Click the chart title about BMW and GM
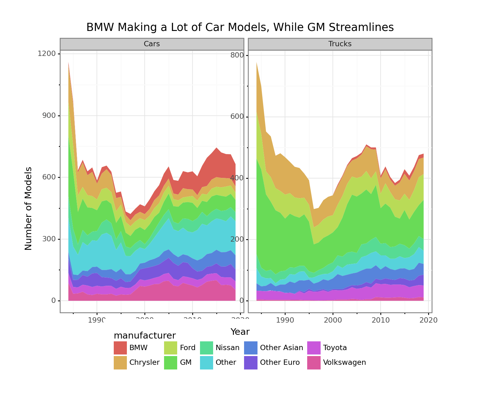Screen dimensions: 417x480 [x=240, y=28]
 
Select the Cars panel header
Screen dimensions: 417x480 [x=152, y=44]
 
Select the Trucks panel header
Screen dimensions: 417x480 [x=340, y=44]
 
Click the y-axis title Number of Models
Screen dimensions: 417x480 [x=28, y=208]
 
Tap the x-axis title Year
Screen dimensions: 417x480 [x=240, y=332]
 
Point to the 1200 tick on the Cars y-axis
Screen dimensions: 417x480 [x=47, y=54]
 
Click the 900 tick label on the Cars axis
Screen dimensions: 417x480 [x=49, y=116]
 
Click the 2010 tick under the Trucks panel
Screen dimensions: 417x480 [x=380, y=320]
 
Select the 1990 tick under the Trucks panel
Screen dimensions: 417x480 [x=285, y=320]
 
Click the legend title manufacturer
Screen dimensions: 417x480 [x=144, y=335]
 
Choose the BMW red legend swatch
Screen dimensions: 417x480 [x=120, y=348]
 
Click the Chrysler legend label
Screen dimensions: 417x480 [x=144, y=363]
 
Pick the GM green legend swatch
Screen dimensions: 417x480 [x=171, y=363]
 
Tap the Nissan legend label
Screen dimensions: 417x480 [x=227, y=348]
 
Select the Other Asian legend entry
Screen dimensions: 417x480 [x=281, y=348]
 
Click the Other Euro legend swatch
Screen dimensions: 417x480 [x=251, y=363]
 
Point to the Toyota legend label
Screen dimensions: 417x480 [x=335, y=348]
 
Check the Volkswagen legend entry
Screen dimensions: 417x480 [x=344, y=363]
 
